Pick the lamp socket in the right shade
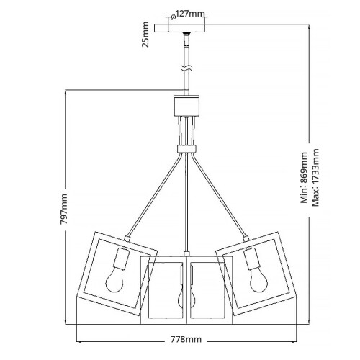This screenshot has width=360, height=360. coord(250,257)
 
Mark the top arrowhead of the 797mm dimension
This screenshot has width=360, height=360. coord(65,92)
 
